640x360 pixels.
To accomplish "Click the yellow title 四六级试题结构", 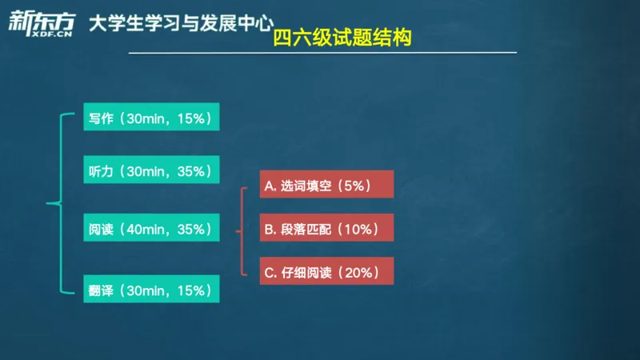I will tap(342, 38).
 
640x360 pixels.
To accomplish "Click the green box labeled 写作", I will tap(150, 118).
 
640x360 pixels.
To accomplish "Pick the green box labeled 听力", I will tap(150, 171).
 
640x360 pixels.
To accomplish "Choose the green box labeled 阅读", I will tap(150, 230).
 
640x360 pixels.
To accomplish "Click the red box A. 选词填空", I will tap(327, 186).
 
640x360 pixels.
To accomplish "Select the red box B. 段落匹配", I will tap(327, 230).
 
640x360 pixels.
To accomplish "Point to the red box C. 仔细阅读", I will tap(327, 273).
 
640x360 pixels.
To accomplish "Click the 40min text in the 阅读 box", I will tap(146, 230).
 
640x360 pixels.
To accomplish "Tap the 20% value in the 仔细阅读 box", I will tap(361, 273).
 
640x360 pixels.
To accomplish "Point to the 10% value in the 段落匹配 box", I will tap(361, 230).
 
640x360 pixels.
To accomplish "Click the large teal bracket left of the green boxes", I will tap(58, 203).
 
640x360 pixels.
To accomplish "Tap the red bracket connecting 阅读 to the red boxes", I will tap(241, 230).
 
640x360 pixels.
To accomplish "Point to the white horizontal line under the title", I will tap(320, 54).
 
